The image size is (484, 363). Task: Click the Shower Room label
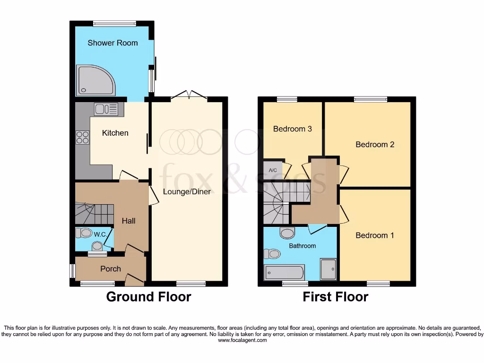pos(112,43)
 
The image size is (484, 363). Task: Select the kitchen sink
pos(108,110)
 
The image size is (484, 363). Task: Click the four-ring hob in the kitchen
pos(82,137)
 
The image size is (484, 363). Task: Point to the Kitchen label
pos(115,133)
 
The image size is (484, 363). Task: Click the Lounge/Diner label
pos(187,191)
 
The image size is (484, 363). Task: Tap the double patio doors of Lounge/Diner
pos(189,95)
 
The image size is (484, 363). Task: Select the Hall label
pos(129,221)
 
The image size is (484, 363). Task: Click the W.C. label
pos(99,233)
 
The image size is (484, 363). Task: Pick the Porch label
pos(111,268)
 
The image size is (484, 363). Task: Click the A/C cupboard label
pos(273,170)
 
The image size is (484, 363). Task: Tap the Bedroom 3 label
pos(293,129)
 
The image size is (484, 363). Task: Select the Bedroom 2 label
pos(375,145)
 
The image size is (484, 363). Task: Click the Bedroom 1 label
pos(375,235)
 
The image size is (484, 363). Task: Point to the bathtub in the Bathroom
pos(284,272)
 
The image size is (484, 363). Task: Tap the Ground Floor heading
pos(148,297)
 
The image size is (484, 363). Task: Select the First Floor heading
pos(335,297)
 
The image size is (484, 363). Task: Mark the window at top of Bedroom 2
pos(370,99)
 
